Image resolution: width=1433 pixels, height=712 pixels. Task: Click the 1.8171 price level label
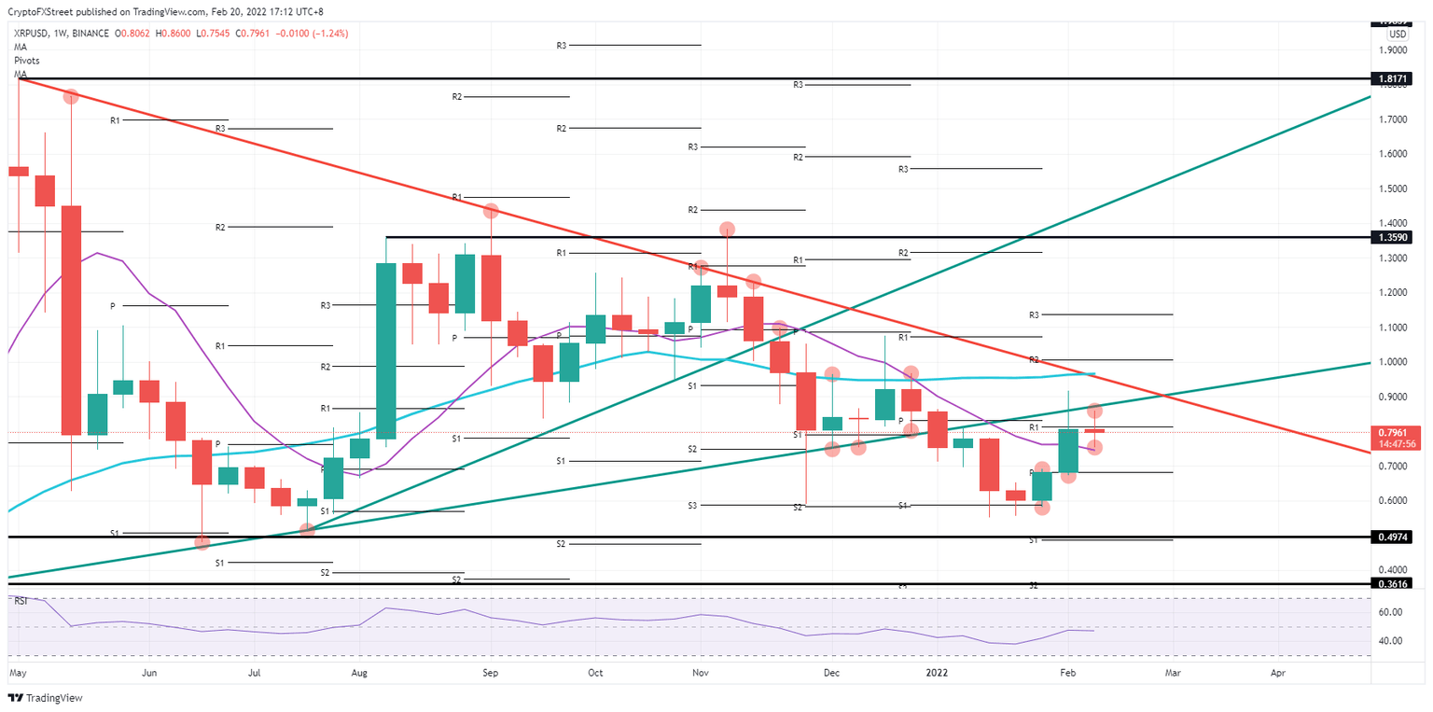[x=1395, y=80]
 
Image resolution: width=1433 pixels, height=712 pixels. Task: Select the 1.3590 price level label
[x=1395, y=237]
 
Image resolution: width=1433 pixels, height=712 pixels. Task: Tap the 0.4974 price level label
[x=1395, y=537]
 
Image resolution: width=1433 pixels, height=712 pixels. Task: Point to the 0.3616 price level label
[x=1395, y=583]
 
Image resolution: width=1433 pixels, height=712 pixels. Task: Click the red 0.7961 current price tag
[x=1395, y=433]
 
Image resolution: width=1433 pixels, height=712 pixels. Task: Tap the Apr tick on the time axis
[x=1277, y=671]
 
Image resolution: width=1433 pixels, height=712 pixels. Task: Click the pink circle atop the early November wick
[x=727, y=229]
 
